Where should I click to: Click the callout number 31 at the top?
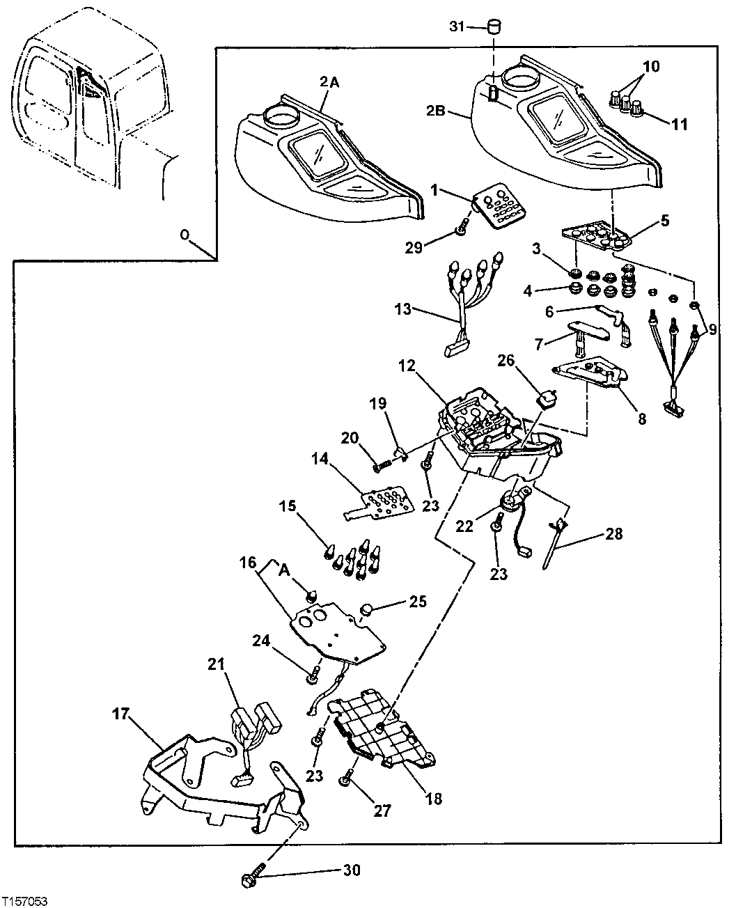[x=457, y=27]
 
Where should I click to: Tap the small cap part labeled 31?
[x=494, y=27]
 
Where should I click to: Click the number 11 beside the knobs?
[x=679, y=125]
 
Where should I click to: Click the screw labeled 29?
[x=460, y=229]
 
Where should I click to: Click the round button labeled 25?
[x=366, y=611]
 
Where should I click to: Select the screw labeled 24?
[x=315, y=673]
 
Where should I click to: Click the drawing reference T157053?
[x=24, y=901]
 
